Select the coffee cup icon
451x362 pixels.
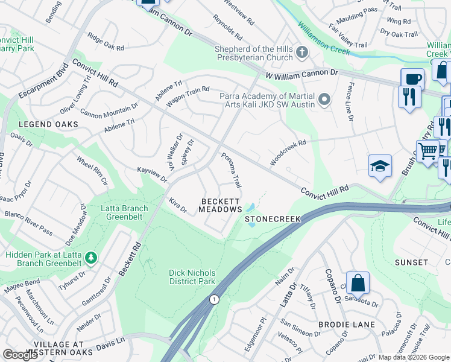click(413, 78)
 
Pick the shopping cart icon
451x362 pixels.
click(428, 150)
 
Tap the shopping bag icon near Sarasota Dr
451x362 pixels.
click(358, 282)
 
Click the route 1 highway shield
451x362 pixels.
click(213, 299)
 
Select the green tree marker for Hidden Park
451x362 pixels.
click(91, 258)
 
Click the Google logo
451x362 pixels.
click(20, 355)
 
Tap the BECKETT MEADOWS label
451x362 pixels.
click(221, 205)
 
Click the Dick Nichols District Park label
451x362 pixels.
click(192, 277)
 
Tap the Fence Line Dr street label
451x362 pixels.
click(349, 101)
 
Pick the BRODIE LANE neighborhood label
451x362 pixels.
click(347, 325)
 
